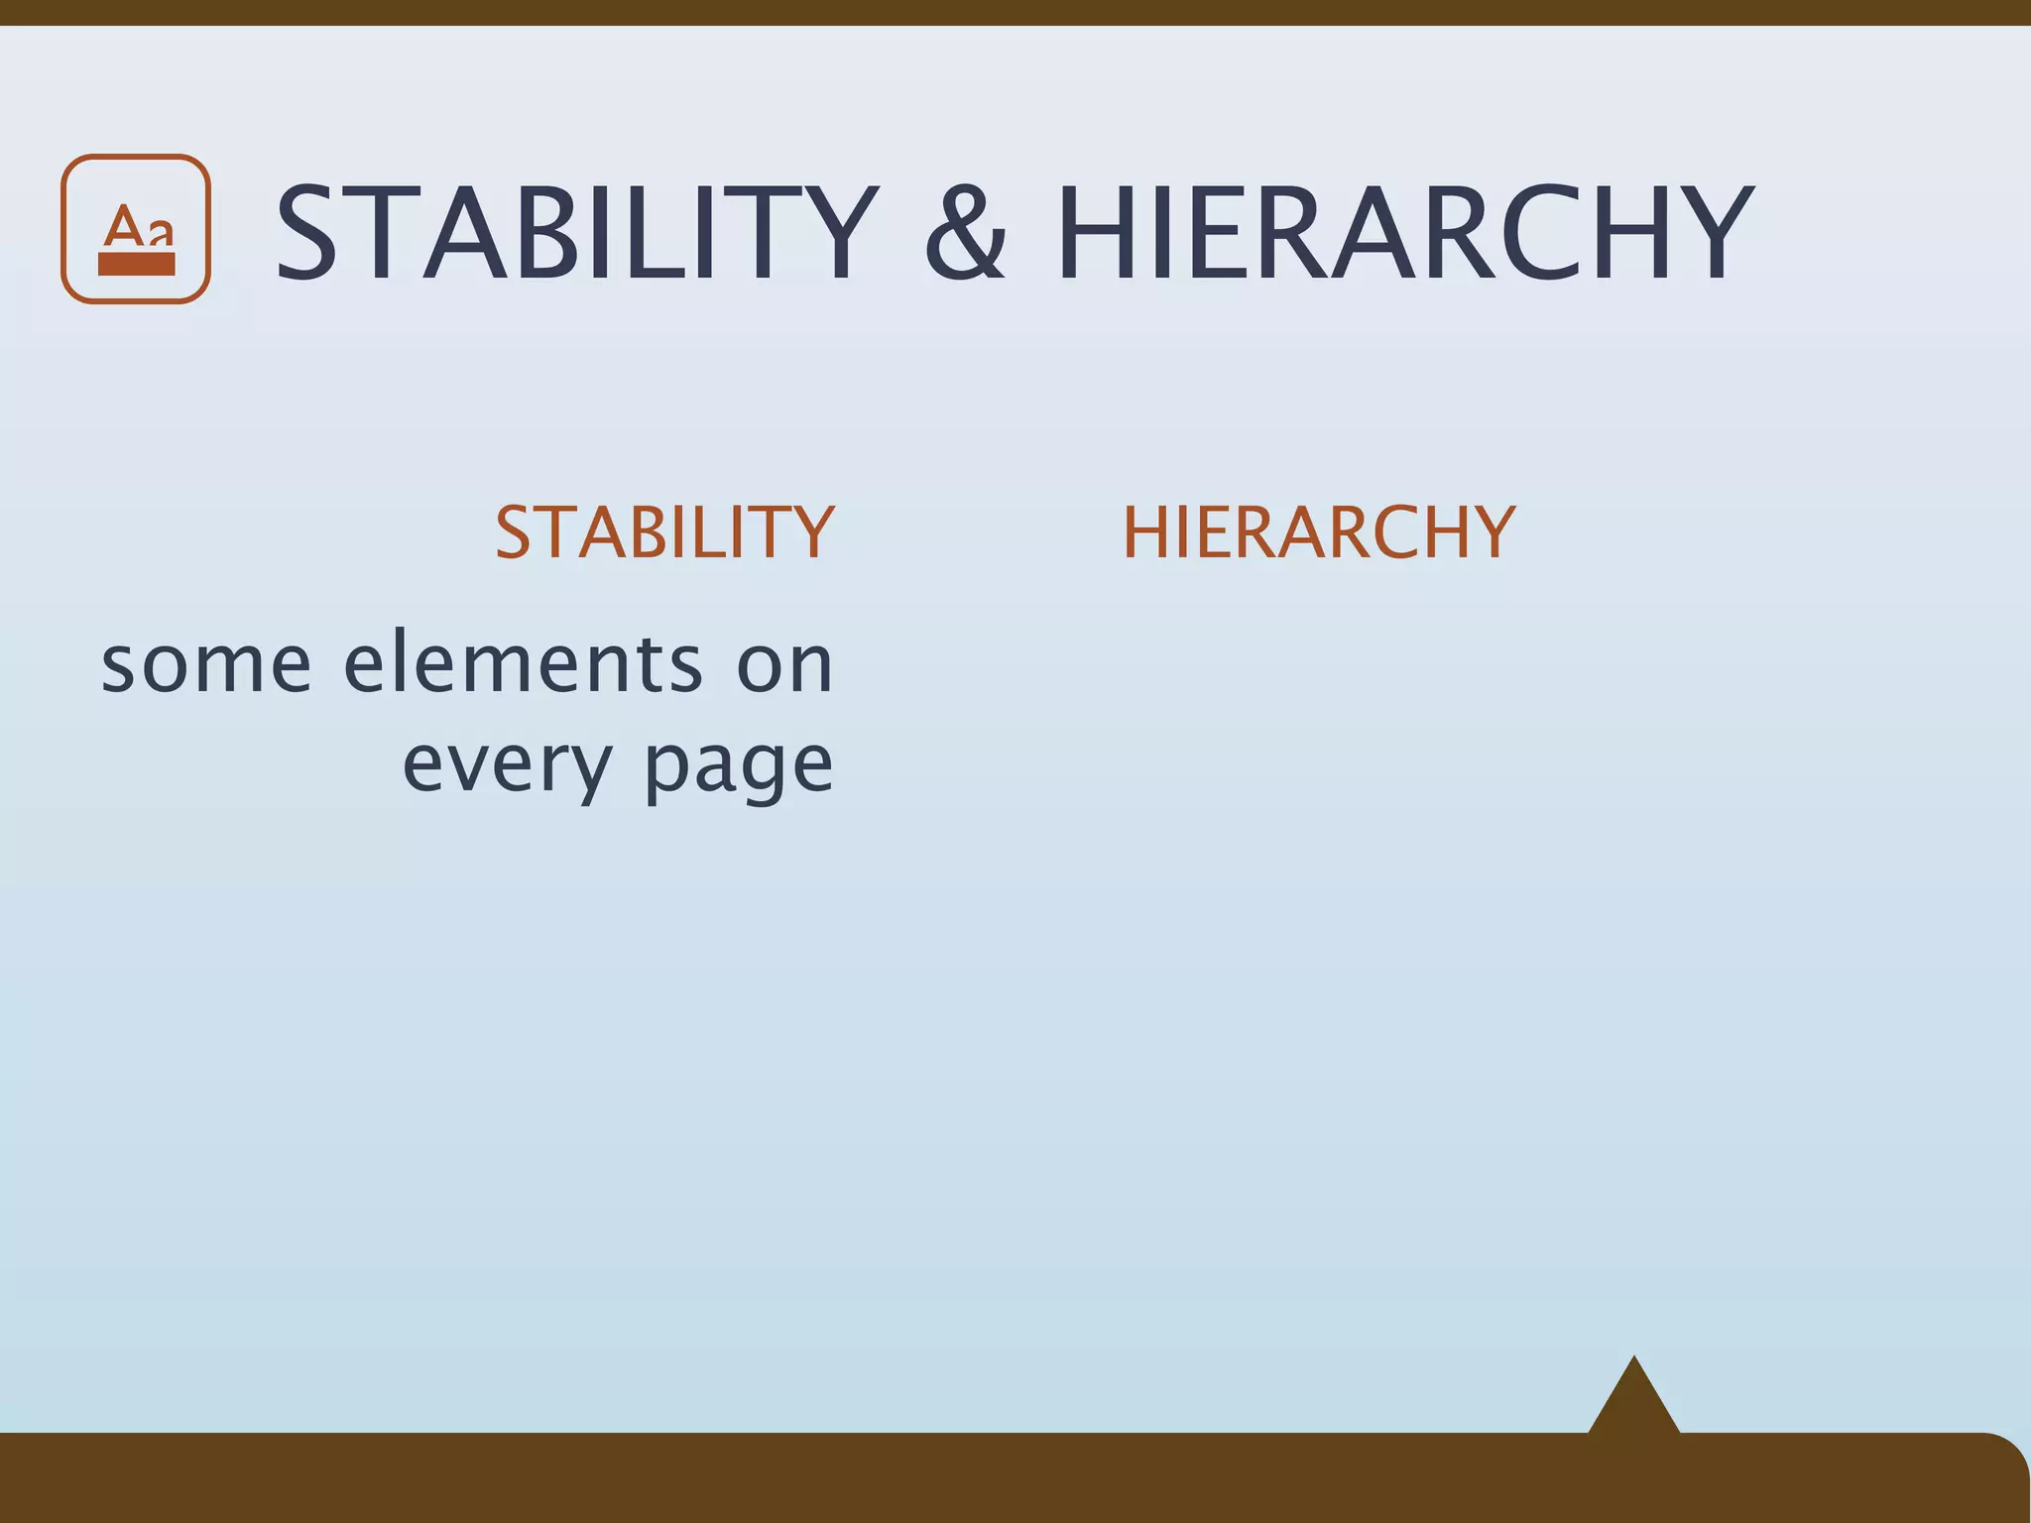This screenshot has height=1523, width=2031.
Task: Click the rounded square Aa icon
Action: tap(136, 229)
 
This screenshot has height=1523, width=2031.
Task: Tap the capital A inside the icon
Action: tap(124, 225)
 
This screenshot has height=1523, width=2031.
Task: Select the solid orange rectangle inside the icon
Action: tap(137, 263)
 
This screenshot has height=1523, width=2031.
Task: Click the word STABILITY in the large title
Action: tap(576, 235)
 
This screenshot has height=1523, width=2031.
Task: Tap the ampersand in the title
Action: tap(965, 237)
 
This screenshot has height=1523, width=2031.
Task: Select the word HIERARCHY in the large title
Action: tap(1404, 235)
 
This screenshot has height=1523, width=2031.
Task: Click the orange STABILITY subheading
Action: tap(664, 532)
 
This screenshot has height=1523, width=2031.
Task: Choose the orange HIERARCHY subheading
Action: tap(1319, 532)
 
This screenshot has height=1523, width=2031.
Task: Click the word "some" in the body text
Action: tap(206, 664)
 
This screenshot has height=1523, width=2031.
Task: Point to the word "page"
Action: tap(739, 766)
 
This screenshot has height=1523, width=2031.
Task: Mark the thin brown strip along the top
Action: tap(1015, 12)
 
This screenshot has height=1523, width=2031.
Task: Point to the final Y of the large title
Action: tap(1705, 235)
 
